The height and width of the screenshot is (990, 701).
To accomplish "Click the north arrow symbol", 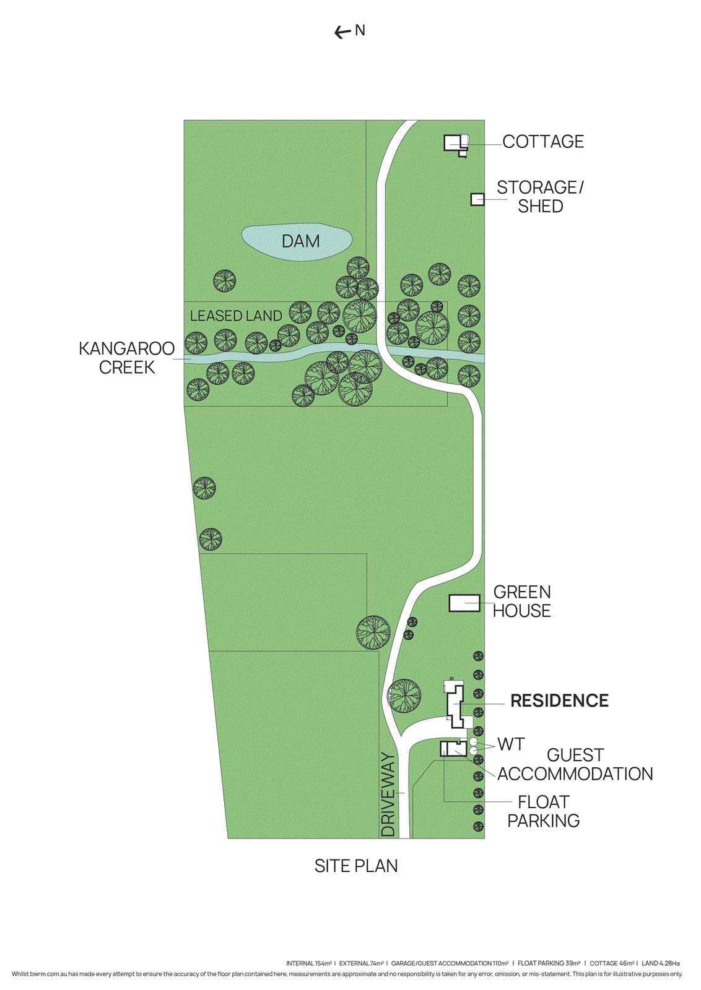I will [342, 32].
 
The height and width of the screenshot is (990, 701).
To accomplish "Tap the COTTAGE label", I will [543, 142].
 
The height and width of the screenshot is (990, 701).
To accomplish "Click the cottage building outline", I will [454, 144].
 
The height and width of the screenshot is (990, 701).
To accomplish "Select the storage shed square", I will [477, 199].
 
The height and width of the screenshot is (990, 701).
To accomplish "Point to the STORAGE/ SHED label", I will [540, 196].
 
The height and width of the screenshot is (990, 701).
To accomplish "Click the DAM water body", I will [297, 241].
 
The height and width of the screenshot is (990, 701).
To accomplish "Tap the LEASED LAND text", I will [236, 316].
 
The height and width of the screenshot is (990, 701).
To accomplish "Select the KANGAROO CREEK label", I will [127, 358].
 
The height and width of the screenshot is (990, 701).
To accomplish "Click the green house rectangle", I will [464, 603].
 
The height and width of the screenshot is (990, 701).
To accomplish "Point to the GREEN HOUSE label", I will [522, 601].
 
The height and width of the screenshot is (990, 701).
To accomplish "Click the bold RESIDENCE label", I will [559, 700].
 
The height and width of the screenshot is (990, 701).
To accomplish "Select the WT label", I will [511, 744].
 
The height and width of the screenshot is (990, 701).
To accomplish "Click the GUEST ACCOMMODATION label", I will [575, 765].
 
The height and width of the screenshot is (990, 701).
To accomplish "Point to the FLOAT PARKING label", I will [543, 811].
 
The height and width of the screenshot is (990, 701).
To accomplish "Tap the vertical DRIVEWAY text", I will [388, 794].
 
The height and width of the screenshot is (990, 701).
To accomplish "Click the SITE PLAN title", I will [356, 866].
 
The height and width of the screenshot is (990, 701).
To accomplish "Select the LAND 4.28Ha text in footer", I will [660, 963].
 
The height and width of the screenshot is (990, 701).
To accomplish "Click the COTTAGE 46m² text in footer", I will [612, 963].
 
